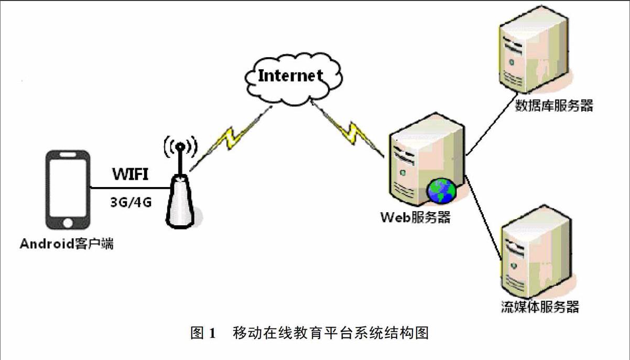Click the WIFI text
point(128,174)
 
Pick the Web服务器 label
point(416,217)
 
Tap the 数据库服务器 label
point(555,106)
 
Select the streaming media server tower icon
point(534,257)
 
